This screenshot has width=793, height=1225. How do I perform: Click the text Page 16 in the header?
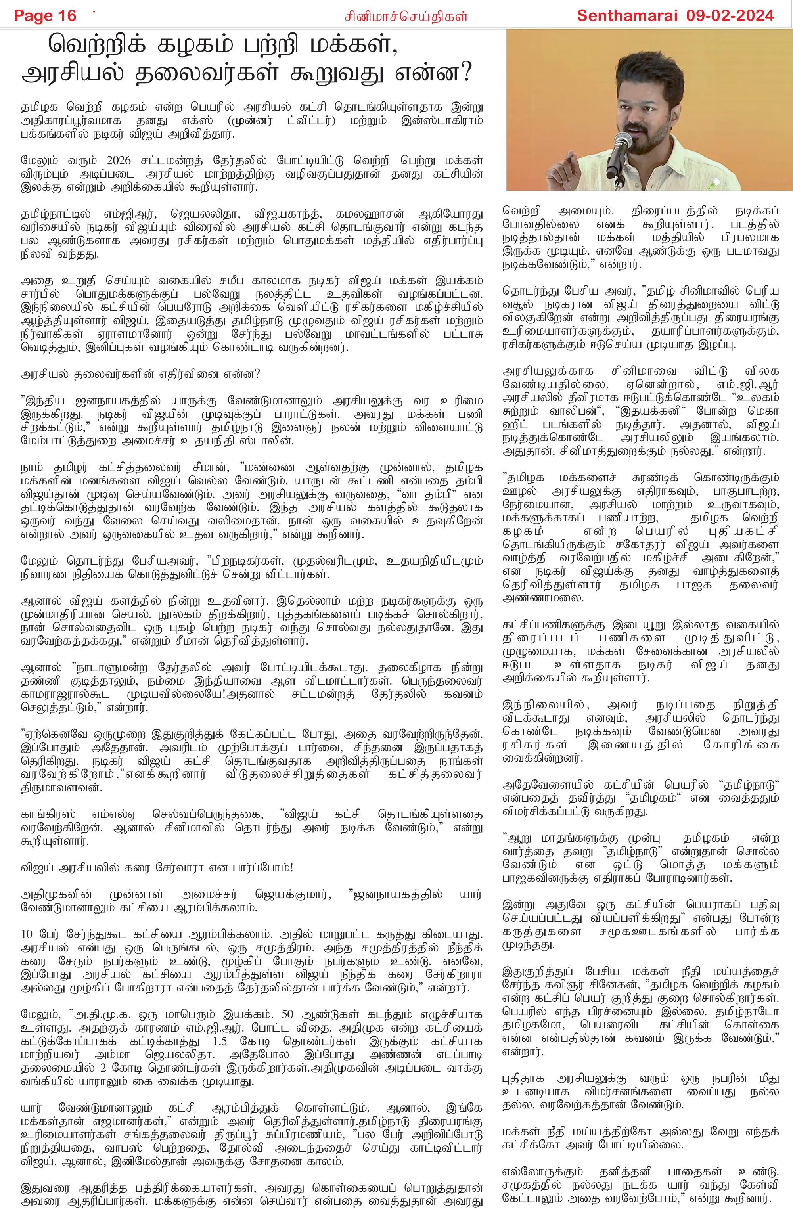(x=45, y=16)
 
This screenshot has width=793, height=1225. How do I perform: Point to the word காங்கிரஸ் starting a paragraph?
(x=48, y=814)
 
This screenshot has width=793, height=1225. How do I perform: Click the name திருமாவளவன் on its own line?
(x=62, y=787)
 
